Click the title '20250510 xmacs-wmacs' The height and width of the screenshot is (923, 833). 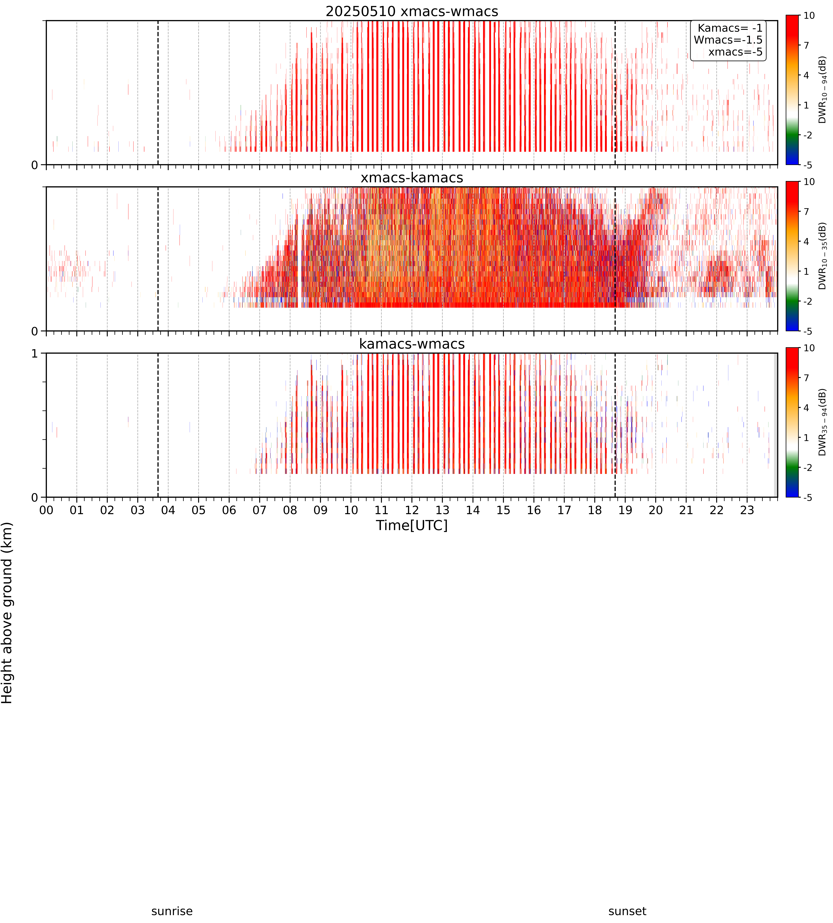[412, 11]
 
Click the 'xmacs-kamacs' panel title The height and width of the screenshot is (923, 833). [412, 178]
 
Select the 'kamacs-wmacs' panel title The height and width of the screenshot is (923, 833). [412, 344]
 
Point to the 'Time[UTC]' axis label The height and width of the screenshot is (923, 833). [412, 525]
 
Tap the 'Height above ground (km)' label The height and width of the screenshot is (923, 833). [7, 613]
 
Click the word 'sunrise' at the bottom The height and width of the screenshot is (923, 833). [172, 911]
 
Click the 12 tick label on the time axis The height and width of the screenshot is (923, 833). [412, 510]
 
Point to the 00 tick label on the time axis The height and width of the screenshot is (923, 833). [46, 510]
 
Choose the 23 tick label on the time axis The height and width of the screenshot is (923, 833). [747, 510]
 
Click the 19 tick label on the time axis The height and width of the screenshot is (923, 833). [625, 510]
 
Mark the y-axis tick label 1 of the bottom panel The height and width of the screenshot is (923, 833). [35, 354]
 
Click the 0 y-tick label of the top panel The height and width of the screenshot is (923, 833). [35, 165]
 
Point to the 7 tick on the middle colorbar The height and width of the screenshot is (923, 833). [806, 211]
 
